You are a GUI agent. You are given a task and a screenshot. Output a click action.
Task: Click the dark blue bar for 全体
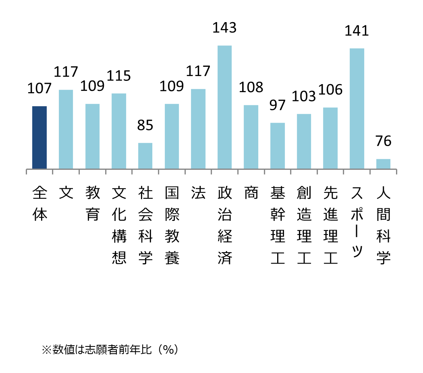click(39, 138)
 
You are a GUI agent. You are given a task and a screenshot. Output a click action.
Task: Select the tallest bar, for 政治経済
click(225, 107)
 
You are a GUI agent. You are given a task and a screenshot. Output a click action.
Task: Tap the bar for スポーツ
click(357, 109)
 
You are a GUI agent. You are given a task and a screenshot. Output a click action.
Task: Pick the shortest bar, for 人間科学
click(383, 164)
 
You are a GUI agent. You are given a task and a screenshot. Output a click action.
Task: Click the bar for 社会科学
click(145, 156)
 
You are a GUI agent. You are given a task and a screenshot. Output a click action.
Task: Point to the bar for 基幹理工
click(278, 146)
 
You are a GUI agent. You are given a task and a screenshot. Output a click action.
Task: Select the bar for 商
click(251, 137)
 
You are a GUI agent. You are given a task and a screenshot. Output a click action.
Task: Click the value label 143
click(224, 28)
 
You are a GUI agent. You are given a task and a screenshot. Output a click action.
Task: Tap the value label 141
click(357, 31)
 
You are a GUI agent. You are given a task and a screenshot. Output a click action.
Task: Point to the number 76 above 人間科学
click(383, 141)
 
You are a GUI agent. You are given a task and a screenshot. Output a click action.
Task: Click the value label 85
click(145, 125)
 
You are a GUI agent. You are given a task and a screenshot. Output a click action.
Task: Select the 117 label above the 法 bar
click(198, 71)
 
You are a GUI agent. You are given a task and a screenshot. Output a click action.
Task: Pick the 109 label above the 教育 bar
click(92, 86)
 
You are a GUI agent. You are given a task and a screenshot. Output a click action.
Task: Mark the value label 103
click(304, 96)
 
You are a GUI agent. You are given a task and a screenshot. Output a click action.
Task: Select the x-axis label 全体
click(39, 204)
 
